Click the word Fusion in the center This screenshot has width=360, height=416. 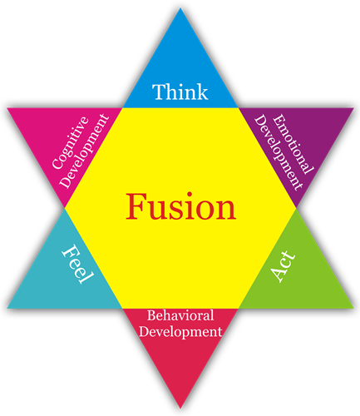coord(180,206)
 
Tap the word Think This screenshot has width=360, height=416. coord(180,92)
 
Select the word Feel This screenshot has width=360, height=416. coord(77,264)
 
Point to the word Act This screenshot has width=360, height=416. coord(283,266)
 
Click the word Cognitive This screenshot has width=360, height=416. coord(71,142)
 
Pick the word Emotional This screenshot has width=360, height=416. coord(293,144)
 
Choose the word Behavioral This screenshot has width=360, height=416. coord(180,315)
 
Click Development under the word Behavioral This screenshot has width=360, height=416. coord(180,332)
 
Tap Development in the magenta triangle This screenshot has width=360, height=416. coord(85,151)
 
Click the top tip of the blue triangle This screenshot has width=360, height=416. coord(180,8)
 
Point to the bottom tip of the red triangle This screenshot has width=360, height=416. coord(180,409)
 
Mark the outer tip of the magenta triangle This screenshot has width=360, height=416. coord(7,108)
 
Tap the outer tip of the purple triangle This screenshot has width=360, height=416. coord(353,108)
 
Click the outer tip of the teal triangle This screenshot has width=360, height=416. coord(7,308)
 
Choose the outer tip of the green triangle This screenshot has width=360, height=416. coord(353,308)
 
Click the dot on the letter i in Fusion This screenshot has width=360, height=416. coord(190,195)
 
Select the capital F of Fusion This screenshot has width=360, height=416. coord(136,206)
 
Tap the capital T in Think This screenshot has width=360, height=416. coord(159,92)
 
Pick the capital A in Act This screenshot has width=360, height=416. coord(278,273)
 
